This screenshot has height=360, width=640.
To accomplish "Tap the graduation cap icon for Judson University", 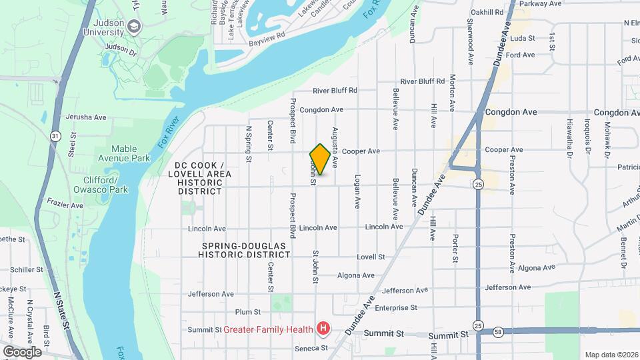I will coord(134,26).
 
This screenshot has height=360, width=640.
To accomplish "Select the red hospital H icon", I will coord(323,328).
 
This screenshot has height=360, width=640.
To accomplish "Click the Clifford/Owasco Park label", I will coord(101,185).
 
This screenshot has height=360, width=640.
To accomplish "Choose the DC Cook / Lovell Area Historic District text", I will coord(203,178).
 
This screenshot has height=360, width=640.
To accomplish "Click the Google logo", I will coord(22,351).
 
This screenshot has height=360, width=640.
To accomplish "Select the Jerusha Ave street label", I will coord(86,117).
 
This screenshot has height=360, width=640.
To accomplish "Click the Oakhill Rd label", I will coord(486,13).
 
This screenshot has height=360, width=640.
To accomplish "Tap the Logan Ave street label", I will coord(357,192).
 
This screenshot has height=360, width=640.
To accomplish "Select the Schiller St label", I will coord(27,270).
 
